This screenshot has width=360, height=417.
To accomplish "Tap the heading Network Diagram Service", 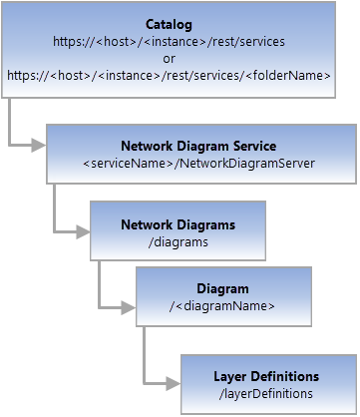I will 197,146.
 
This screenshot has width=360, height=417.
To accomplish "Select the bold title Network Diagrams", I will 178,224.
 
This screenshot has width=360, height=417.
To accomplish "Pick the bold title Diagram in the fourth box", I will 222,289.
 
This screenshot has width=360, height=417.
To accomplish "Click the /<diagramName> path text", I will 222,305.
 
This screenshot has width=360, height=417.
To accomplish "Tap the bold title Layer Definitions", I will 266,376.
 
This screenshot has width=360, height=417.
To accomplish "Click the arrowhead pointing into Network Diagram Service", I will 39,145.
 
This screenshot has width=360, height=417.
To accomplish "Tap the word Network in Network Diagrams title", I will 147,224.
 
